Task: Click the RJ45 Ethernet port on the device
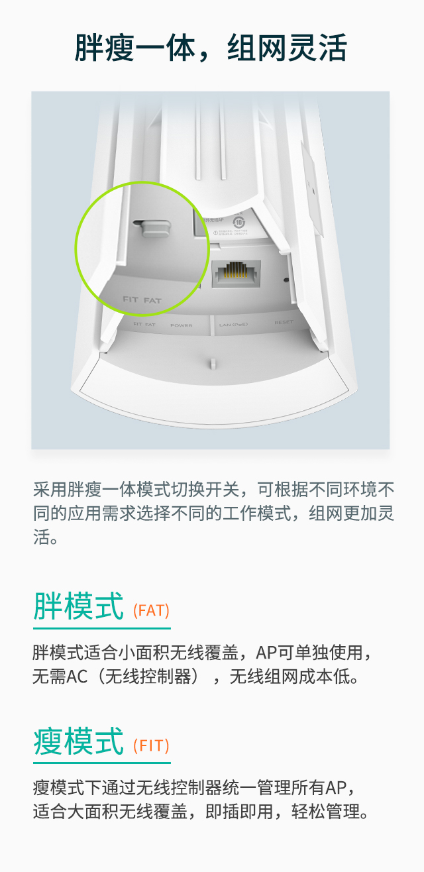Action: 235,272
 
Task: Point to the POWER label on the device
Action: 181,325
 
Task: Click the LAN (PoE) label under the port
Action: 233,325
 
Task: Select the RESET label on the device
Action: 284,323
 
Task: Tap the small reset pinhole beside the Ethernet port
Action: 286,279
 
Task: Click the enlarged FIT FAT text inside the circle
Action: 142,300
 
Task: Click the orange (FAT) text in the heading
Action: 151,610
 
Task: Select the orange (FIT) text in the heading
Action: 151,745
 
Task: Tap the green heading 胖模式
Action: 78,607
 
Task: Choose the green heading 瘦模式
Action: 78,741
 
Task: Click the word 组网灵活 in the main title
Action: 287,49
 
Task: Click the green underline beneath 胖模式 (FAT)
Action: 101,628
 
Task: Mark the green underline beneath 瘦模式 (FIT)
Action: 101,763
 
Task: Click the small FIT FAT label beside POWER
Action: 144,325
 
